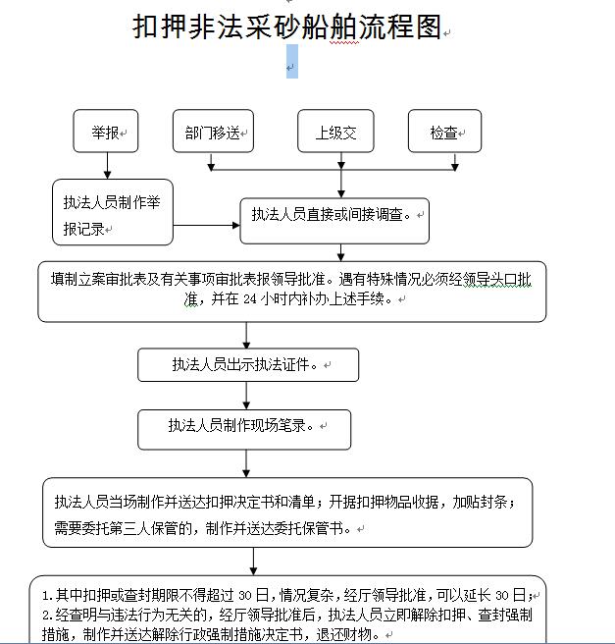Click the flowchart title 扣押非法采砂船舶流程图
tap(287, 27)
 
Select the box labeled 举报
tap(106, 131)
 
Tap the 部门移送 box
tap(214, 131)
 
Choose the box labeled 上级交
tap(335, 131)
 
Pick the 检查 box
tap(444, 131)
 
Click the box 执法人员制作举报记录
tap(113, 212)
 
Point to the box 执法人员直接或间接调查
tap(334, 221)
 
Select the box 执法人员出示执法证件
tap(248, 365)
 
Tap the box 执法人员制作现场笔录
tap(244, 430)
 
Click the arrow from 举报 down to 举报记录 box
tap(108, 166)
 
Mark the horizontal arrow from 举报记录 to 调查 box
tap(206, 225)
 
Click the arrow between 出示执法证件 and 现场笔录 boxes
tap(246, 396)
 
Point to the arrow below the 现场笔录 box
tap(246, 463)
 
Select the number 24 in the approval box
tap(250, 299)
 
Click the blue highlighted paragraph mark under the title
tap(291, 62)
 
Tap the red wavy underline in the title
tap(344, 42)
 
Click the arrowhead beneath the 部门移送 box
tap(211, 167)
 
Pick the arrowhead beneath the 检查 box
tap(454, 167)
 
